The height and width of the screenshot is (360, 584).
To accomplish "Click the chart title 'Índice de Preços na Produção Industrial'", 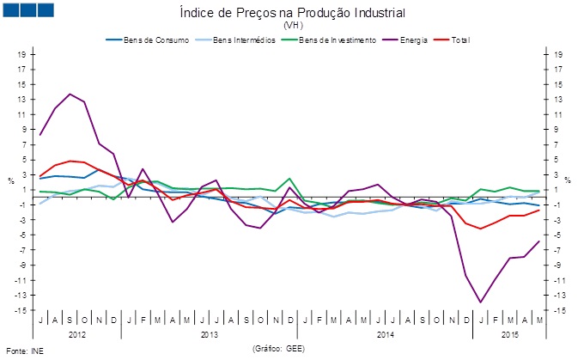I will (x=292, y=14).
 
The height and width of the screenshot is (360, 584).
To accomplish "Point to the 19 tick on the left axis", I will (x=21, y=54).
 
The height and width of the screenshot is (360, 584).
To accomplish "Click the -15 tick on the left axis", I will (x=20, y=309).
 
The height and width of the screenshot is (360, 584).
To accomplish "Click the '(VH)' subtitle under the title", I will (x=292, y=27).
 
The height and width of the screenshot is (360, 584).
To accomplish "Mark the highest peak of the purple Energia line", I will (x=70, y=95).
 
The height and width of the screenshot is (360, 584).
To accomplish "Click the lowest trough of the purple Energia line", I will (x=480, y=302).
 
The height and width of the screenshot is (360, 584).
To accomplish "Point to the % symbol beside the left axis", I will (x=11, y=181).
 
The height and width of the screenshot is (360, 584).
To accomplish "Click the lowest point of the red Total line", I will (x=480, y=229).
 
